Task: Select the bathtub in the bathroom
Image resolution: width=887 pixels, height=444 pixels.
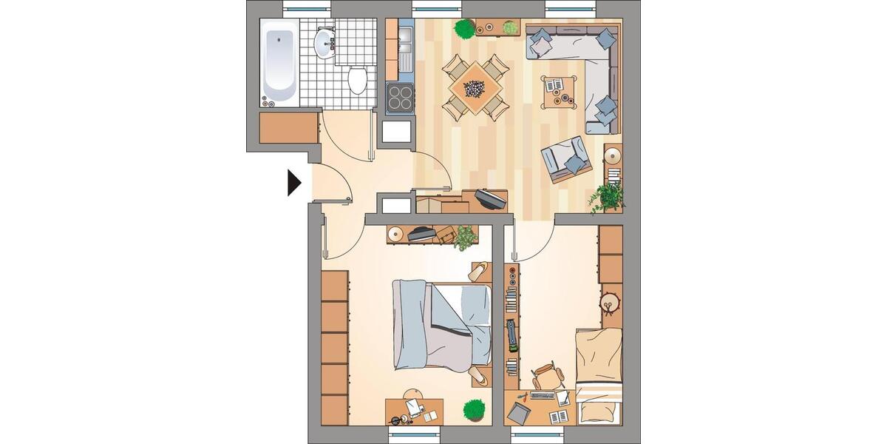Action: pyautogui.click(x=279, y=61)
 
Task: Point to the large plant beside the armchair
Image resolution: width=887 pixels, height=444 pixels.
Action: pyautogui.click(x=608, y=197)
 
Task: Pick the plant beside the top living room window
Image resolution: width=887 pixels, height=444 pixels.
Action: pyautogui.click(x=464, y=29)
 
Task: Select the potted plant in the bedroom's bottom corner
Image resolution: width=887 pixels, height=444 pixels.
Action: pyautogui.click(x=474, y=409)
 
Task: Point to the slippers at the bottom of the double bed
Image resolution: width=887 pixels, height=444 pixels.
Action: pyautogui.click(x=478, y=377)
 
